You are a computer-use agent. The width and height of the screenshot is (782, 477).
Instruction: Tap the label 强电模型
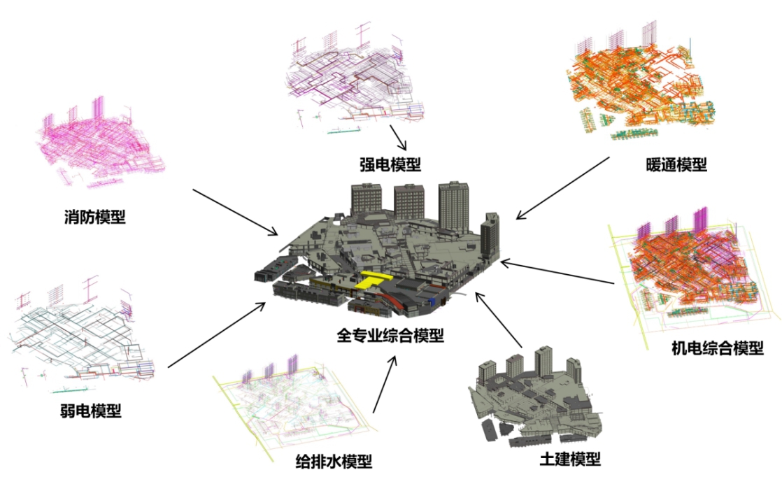[x=390, y=164]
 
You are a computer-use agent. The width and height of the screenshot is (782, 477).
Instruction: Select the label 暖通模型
[x=677, y=165]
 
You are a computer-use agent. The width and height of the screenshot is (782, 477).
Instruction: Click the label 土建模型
[x=570, y=460]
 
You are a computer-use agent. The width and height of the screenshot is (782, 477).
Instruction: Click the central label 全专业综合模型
[x=390, y=335]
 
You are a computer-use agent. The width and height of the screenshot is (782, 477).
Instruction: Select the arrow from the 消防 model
[x=235, y=212]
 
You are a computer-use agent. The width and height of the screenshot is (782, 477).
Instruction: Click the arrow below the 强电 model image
[x=398, y=137]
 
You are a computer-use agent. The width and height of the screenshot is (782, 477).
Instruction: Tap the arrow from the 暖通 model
[x=563, y=187]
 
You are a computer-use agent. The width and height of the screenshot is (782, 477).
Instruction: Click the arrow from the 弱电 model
[x=217, y=335]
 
